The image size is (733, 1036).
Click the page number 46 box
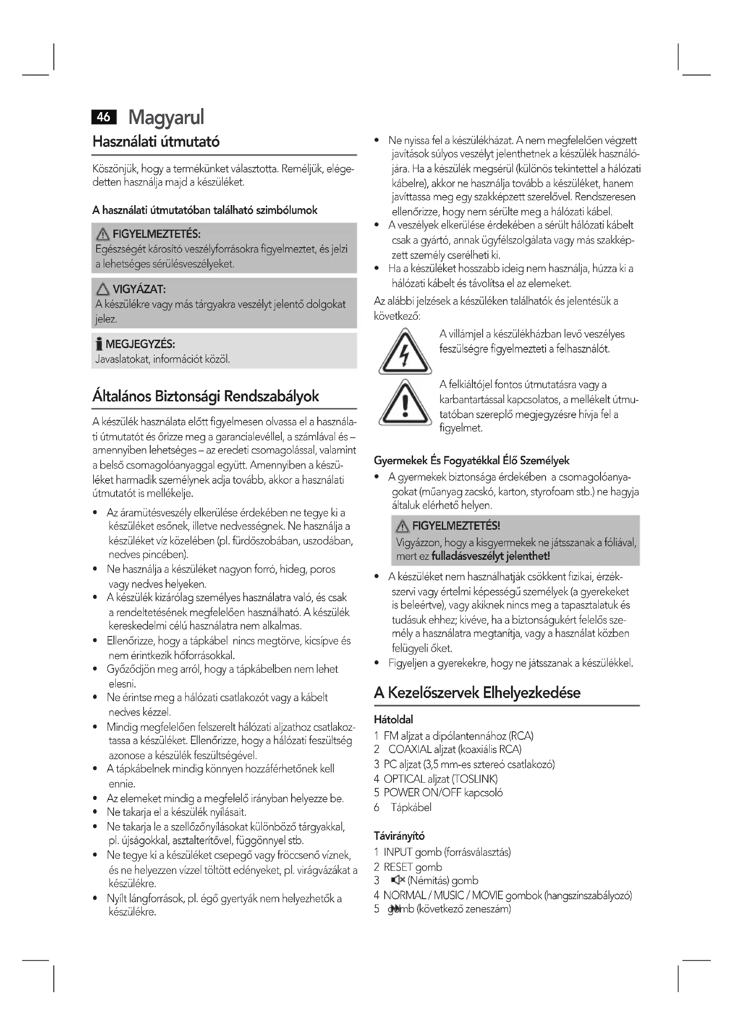click(x=104, y=117)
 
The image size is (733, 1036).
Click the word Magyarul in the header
click(x=166, y=117)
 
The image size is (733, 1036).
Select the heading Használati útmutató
click(x=156, y=142)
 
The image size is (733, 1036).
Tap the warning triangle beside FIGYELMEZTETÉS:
click(x=102, y=234)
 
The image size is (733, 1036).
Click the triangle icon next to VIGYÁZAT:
click(x=102, y=289)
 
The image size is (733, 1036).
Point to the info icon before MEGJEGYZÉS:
click(x=99, y=344)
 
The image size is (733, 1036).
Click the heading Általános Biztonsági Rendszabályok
click(x=205, y=396)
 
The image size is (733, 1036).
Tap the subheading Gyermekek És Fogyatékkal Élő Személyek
click(x=471, y=461)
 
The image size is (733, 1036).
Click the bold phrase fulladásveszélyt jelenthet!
click(x=491, y=556)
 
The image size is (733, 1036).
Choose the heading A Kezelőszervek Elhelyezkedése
click(x=477, y=693)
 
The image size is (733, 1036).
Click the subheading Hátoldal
click(x=393, y=719)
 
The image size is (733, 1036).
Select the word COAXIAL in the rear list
click(x=410, y=749)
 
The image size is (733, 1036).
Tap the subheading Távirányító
click(x=399, y=836)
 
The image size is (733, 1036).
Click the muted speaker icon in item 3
click(x=398, y=881)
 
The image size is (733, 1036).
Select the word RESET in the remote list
click(x=398, y=867)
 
